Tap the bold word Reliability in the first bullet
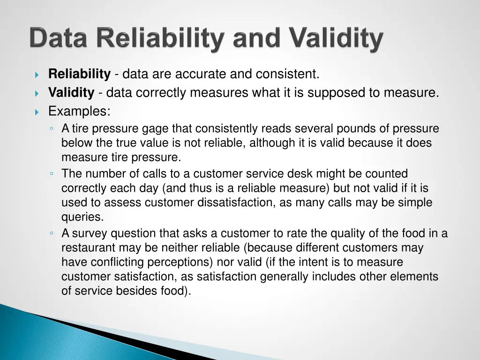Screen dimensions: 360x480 (79, 74)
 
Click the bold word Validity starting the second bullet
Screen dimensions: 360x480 (71, 93)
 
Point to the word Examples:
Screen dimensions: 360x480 (79, 112)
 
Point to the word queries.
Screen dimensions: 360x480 (82, 217)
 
